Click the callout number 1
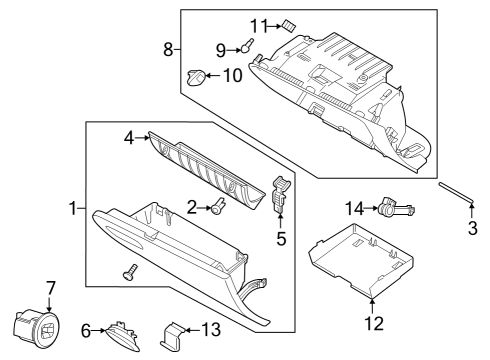tap(72, 208)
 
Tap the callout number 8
tap(168, 48)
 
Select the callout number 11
tap(257, 24)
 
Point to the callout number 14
tap(351, 208)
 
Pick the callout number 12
tap(372, 323)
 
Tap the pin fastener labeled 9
tap(244, 45)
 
